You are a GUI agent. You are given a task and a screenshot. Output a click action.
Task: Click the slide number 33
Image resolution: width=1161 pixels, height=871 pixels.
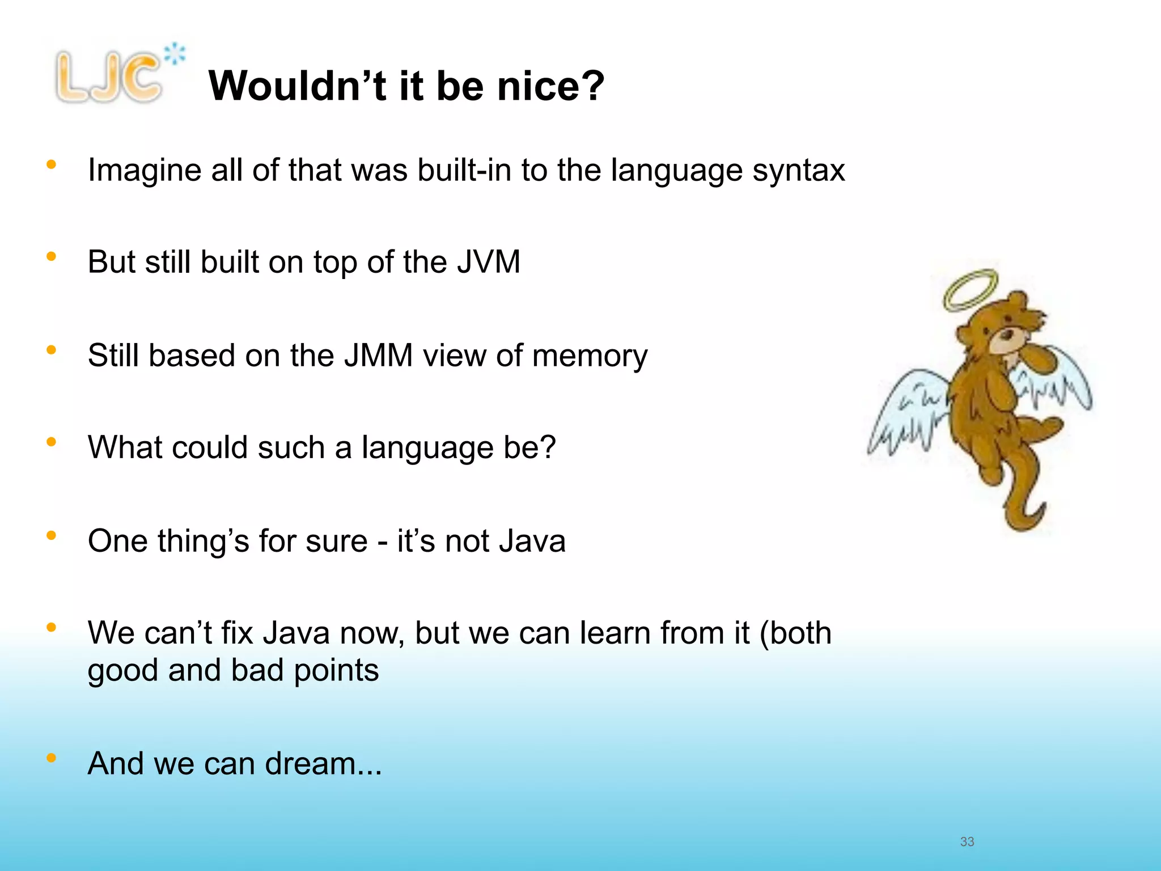[x=967, y=842]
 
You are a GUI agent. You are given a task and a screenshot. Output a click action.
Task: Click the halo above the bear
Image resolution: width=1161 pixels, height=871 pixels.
[x=971, y=290]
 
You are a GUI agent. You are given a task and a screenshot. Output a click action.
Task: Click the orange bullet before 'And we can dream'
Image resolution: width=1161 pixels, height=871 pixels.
[x=52, y=758]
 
